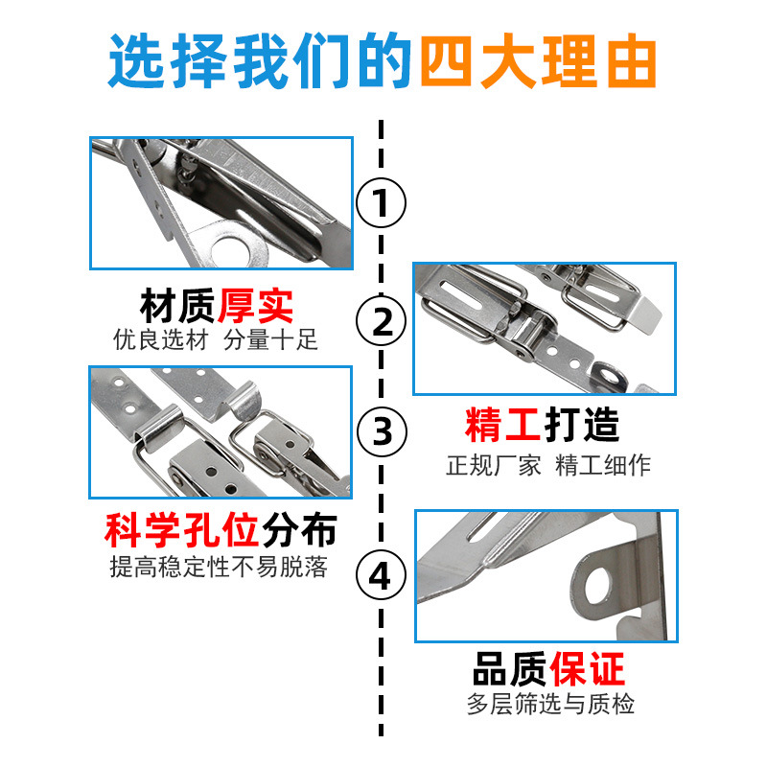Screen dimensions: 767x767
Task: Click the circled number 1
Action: coord(381,202)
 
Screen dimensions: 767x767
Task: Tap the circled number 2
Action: coord(381,321)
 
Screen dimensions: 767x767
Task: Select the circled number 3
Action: coord(382,431)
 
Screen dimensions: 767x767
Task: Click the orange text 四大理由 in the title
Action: coord(538,61)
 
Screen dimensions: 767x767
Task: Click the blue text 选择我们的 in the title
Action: coord(260,61)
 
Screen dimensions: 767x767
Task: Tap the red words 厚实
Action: coord(255,307)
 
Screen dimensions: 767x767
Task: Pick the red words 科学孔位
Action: coord(181,531)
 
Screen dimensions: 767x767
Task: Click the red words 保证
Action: coord(587,669)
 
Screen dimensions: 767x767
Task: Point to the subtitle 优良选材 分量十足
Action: coord(215,339)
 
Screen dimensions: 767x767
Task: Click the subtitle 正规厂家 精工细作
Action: coord(547,465)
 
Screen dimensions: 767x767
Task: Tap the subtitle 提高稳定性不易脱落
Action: coord(219,567)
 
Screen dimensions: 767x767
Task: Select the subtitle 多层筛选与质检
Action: coord(550,705)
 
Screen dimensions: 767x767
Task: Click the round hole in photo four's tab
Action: coord(597,585)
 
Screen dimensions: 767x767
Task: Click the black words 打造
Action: coord(582,425)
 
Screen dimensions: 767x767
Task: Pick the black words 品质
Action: coord(510,669)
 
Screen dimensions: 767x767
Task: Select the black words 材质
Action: coord(177,307)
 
